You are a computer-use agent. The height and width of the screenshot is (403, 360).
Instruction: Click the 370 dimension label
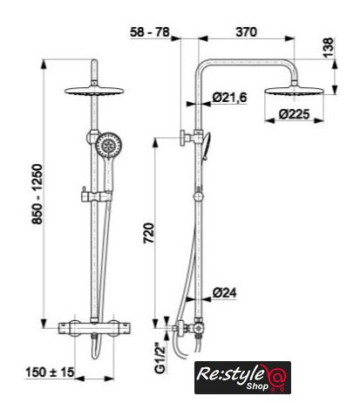click(x=246, y=32)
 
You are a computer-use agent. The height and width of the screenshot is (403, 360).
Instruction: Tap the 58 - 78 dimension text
click(x=150, y=32)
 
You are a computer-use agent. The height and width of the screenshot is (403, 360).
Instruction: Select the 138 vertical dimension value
click(x=329, y=48)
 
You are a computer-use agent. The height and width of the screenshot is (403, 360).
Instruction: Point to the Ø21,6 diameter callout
click(x=229, y=98)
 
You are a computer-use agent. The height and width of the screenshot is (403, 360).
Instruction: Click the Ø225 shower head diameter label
click(x=295, y=114)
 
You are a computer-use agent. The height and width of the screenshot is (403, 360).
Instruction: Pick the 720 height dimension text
click(x=148, y=233)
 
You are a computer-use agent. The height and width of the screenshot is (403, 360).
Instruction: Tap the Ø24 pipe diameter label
click(x=224, y=292)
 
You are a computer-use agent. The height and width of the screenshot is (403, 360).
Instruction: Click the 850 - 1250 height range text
click(x=37, y=195)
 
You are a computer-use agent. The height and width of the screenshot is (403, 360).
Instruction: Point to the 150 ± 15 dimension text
click(x=50, y=372)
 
